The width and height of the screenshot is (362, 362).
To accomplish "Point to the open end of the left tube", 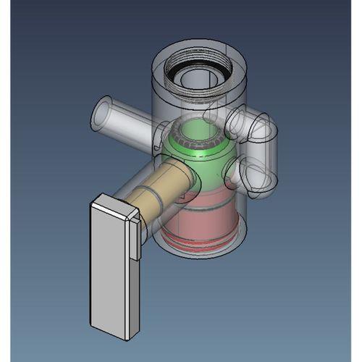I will click(101, 116).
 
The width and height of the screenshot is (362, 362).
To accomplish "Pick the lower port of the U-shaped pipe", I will click(246, 174).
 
